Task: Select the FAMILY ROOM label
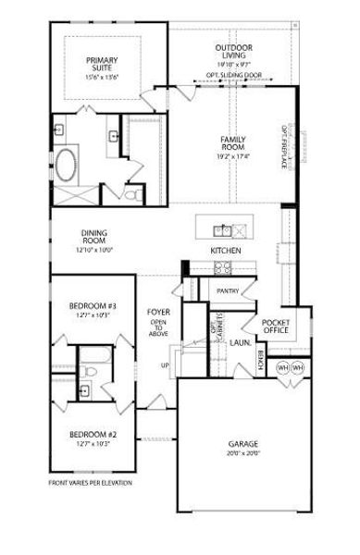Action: point(232,142)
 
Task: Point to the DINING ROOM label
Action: point(94,238)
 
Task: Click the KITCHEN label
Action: point(226,251)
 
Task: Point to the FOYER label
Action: point(158,312)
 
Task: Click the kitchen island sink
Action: point(222,228)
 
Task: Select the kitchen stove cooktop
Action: point(223,267)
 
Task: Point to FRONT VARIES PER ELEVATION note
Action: point(89,483)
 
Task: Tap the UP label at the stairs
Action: point(167,364)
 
